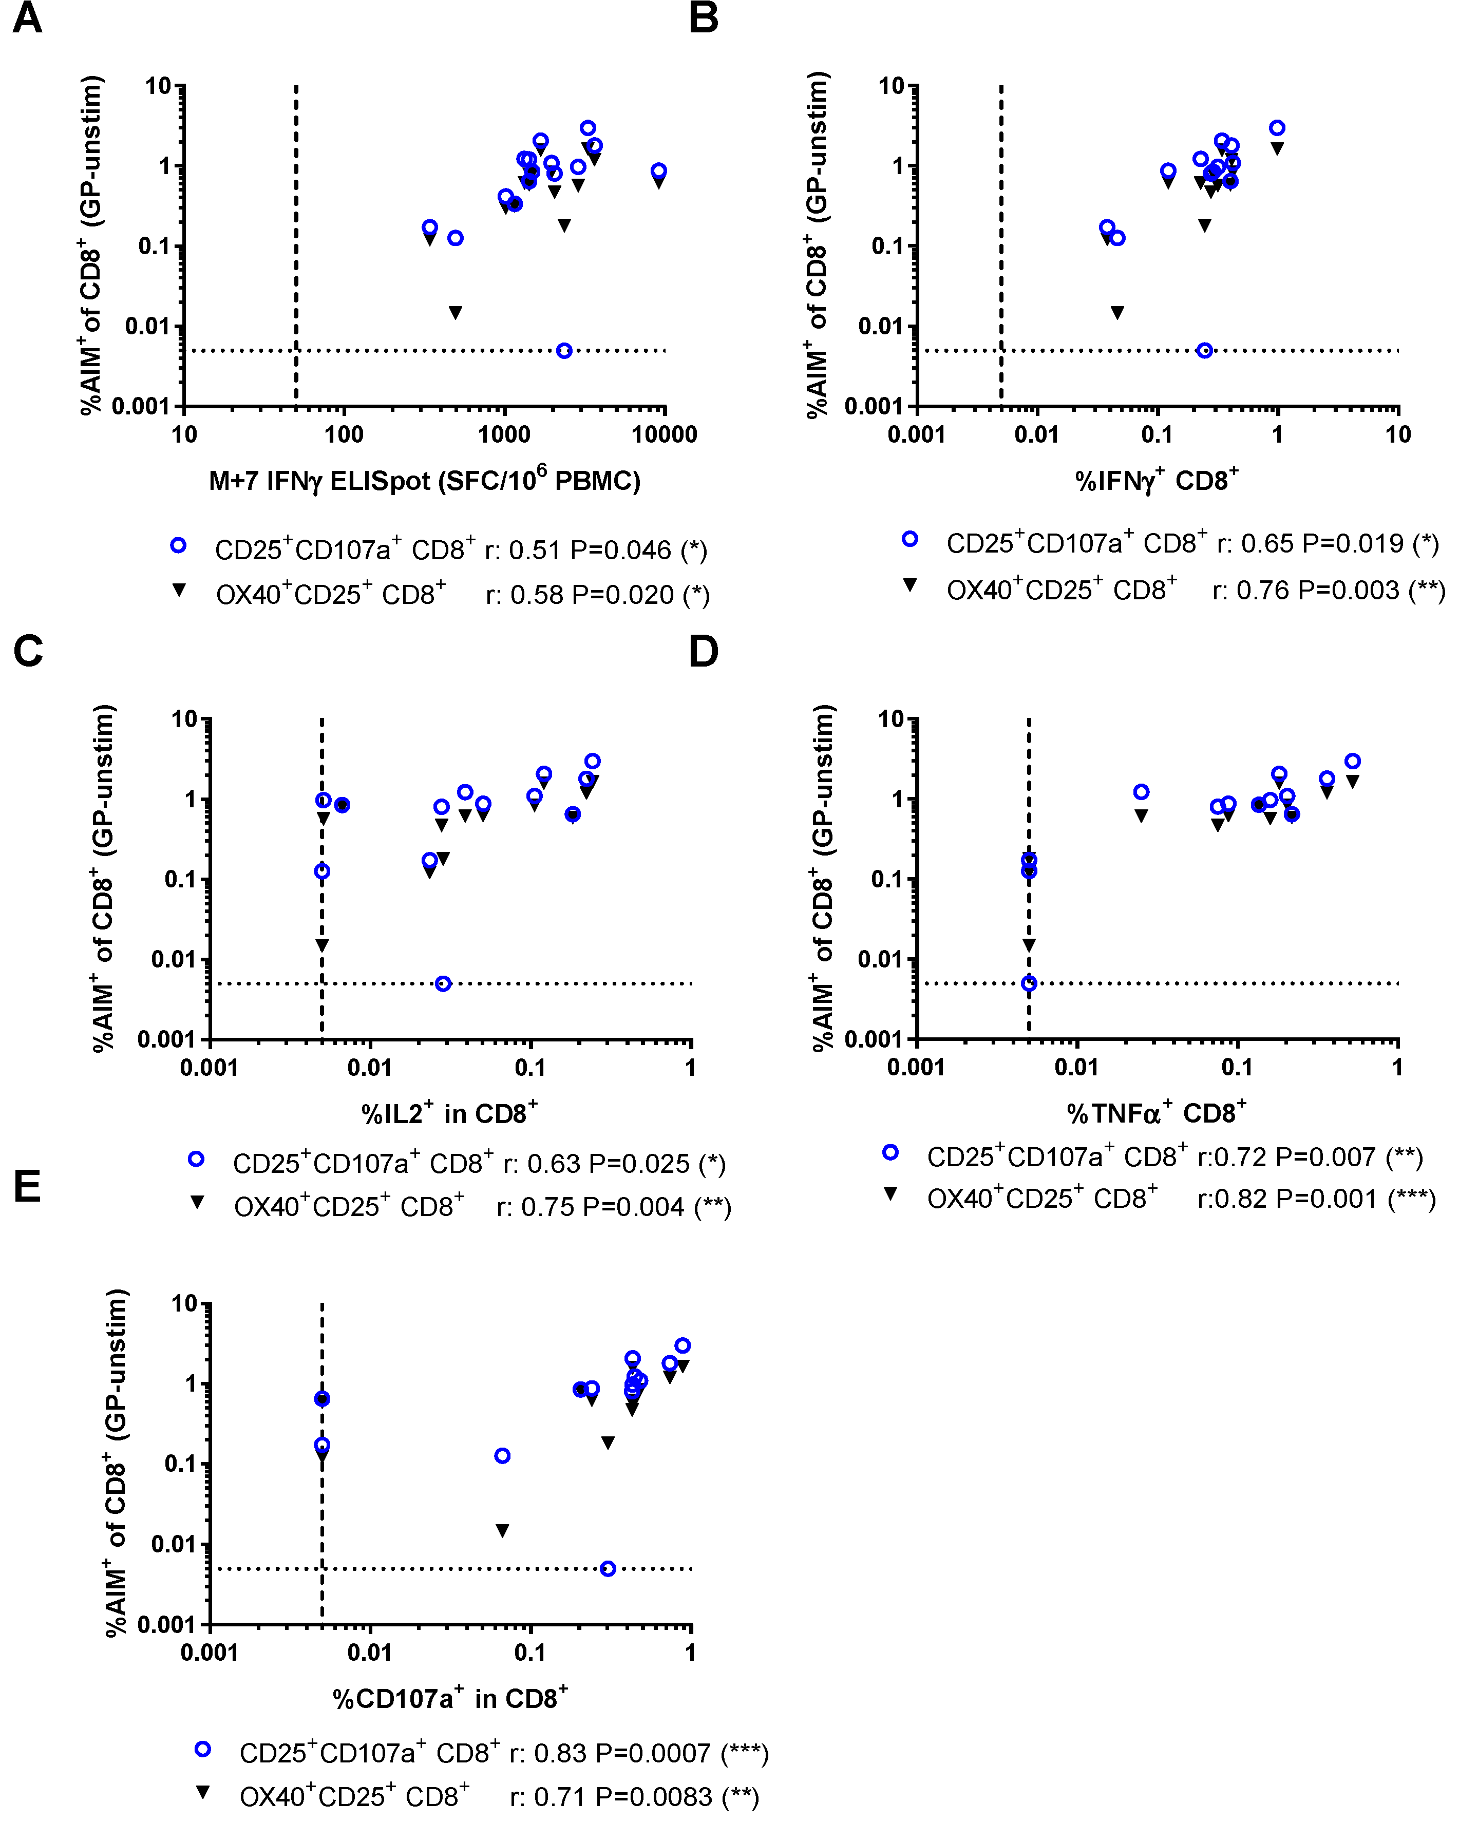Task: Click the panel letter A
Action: point(27,18)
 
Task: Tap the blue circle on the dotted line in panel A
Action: point(564,351)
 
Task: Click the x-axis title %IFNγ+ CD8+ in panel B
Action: point(1157,481)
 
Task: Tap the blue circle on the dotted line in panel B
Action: point(1205,351)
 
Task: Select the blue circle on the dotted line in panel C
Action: point(443,984)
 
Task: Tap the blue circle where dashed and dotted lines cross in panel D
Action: point(1029,984)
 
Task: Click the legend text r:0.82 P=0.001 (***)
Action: point(1316,1199)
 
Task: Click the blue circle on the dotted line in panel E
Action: point(608,1568)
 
